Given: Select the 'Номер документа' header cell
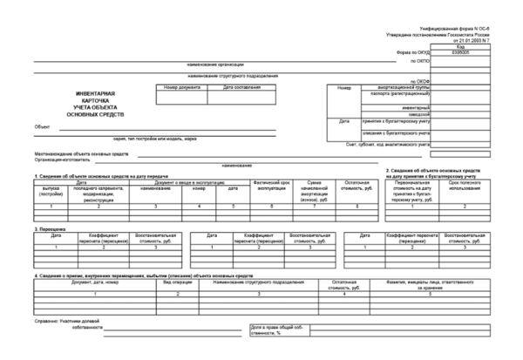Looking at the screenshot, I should click(x=182, y=87).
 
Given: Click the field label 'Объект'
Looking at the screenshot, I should click(x=42, y=127).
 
